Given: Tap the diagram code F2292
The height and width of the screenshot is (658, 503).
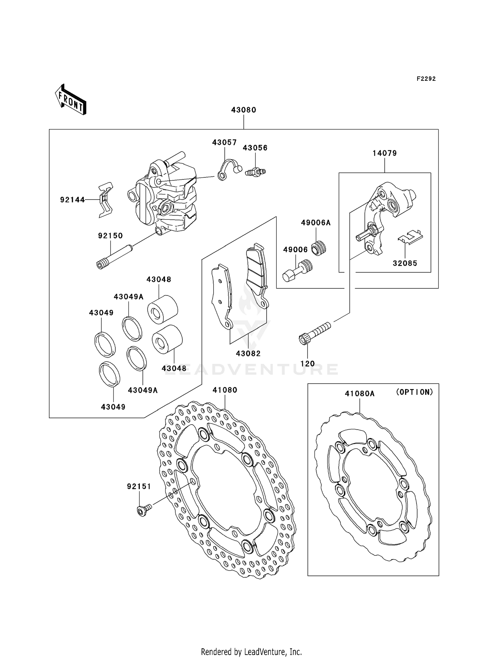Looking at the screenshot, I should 426,79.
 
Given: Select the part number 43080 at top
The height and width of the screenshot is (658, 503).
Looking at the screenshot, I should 243,110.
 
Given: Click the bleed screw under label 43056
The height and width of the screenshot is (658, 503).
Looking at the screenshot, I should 255,172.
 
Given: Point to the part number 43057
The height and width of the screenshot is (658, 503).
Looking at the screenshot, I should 224,143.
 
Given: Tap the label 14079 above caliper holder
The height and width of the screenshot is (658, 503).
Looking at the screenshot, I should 385,153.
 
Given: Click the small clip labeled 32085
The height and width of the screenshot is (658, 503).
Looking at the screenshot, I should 410,236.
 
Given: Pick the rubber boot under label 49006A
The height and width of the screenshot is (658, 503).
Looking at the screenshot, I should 319,249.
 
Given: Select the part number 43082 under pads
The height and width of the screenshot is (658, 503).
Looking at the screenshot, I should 248,353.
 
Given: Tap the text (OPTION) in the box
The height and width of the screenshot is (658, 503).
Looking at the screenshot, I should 414,392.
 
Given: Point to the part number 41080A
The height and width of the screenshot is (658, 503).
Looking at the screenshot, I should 359,393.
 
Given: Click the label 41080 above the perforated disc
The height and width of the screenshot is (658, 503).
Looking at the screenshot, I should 225,390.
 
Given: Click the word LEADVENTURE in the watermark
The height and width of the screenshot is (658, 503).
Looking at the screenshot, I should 251,369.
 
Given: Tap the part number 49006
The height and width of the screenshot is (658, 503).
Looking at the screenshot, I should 295,250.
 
